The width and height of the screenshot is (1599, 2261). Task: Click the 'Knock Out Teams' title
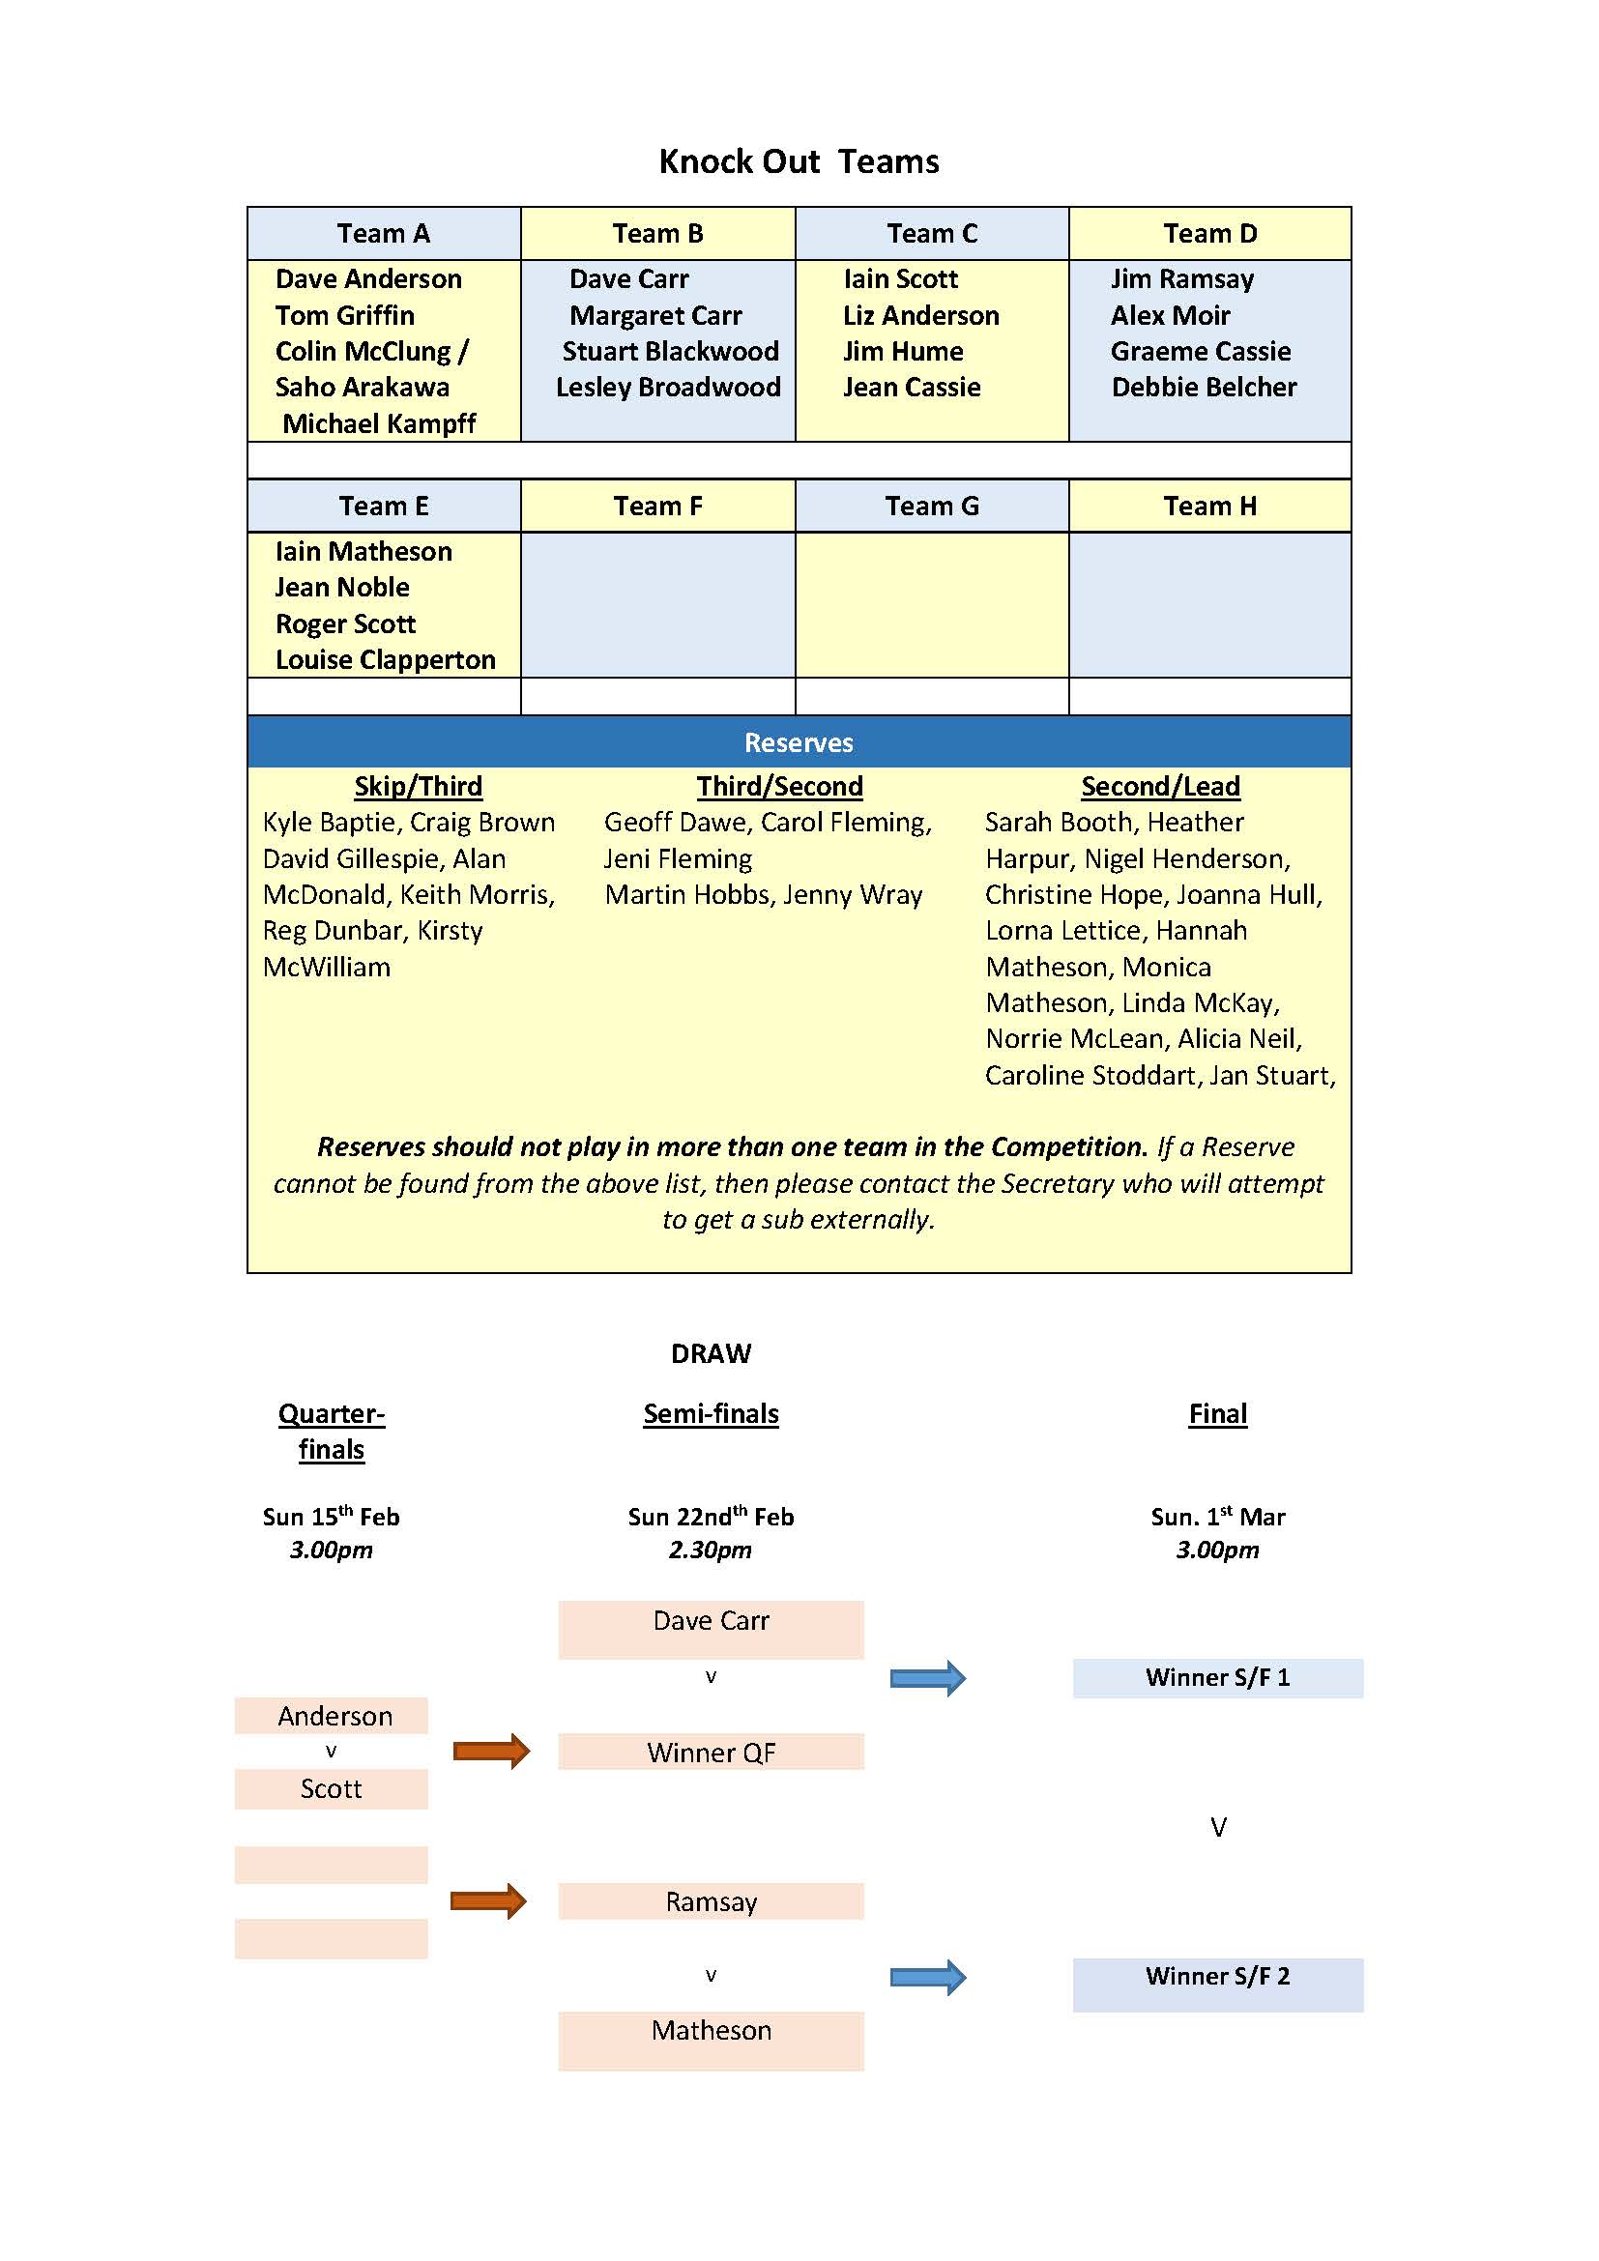(x=799, y=161)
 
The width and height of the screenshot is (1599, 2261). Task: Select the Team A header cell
(x=383, y=233)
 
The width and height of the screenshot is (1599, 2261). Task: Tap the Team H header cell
(x=1209, y=507)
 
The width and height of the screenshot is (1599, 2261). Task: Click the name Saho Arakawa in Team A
(x=363, y=387)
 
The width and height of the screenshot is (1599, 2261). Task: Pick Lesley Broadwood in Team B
(x=668, y=387)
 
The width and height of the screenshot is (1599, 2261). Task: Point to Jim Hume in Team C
(x=903, y=352)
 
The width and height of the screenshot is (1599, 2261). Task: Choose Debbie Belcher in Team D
(x=1204, y=387)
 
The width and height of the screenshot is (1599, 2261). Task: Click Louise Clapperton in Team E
(x=385, y=660)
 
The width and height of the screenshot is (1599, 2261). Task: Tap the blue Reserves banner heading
(x=799, y=742)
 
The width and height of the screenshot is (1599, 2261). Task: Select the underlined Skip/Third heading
(x=419, y=786)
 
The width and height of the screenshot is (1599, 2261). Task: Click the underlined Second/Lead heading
(x=1160, y=786)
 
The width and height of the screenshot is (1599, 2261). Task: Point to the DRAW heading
(x=711, y=1353)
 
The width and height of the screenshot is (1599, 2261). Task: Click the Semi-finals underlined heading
(x=711, y=1414)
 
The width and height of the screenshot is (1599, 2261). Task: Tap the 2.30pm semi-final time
(x=710, y=1550)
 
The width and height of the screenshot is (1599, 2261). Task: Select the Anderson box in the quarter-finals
(x=332, y=1717)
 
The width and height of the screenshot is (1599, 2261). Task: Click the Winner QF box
(x=711, y=1753)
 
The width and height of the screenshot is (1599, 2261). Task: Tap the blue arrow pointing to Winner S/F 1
(x=927, y=1678)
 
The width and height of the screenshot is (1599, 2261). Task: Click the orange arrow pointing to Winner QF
(x=490, y=1751)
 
